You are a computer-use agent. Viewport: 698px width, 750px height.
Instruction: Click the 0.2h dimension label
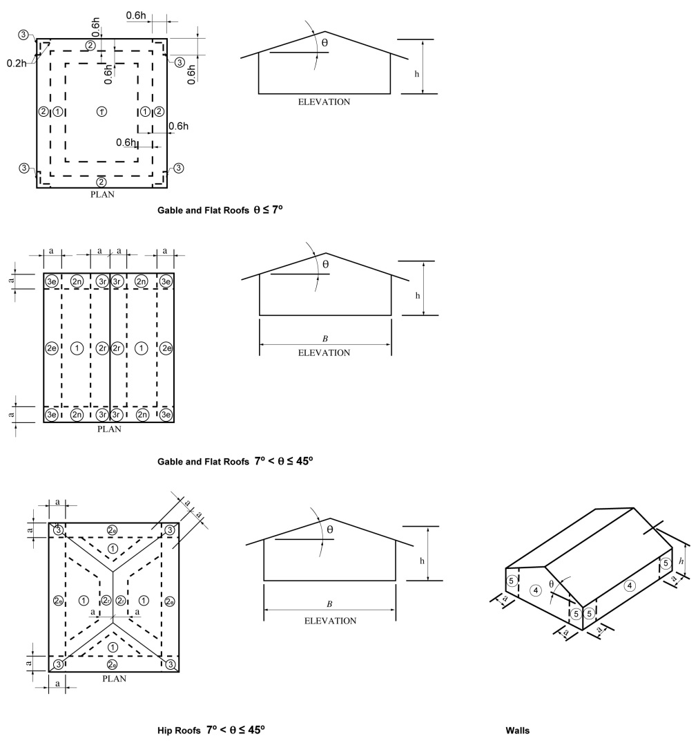(17, 63)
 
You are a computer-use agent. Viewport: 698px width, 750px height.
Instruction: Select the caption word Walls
(517, 731)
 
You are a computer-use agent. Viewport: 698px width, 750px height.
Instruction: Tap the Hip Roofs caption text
(179, 731)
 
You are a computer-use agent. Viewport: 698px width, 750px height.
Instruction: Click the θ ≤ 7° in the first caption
(268, 209)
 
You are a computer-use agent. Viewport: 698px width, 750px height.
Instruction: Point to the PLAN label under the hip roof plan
(114, 679)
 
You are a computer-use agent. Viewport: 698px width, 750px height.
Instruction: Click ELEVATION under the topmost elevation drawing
(324, 102)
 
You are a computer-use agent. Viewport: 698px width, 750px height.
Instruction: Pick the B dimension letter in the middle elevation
(325, 339)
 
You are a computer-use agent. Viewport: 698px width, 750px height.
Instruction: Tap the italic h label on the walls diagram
(681, 561)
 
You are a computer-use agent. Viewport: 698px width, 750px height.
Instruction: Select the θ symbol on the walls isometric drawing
(552, 584)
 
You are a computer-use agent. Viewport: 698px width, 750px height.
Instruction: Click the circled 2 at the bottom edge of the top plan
(101, 182)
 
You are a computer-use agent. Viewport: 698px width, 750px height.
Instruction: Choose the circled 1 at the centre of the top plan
(101, 111)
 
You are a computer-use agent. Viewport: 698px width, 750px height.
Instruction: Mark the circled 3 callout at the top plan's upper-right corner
(179, 62)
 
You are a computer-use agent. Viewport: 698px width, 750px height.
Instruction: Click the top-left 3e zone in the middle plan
(52, 281)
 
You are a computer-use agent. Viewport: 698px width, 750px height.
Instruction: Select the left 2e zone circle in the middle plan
(52, 348)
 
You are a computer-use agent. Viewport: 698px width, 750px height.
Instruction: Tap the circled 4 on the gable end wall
(536, 590)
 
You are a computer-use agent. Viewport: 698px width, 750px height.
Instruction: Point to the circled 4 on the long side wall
(630, 585)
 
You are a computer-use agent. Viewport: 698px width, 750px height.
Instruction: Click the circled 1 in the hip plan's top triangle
(113, 548)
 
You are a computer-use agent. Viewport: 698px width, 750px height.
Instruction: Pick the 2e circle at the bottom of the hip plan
(112, 664)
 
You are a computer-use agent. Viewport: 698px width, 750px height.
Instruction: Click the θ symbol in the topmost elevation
(325, 43)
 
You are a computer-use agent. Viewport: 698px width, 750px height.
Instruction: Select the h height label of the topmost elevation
(416, 74)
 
